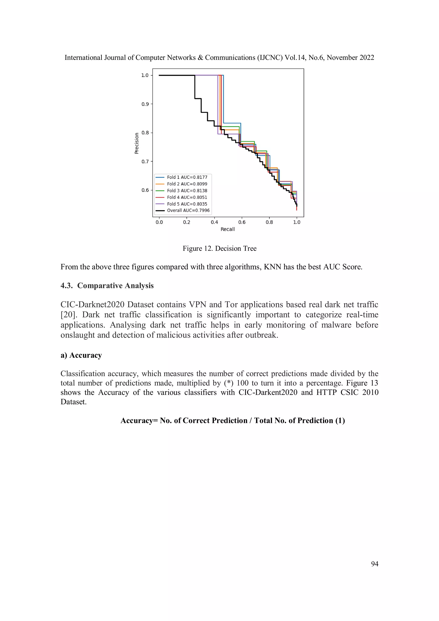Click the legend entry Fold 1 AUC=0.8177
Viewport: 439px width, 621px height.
[187, 177]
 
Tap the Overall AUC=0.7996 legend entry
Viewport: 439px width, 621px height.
[188, 211]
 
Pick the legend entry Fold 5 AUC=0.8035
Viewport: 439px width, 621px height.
[187, 204]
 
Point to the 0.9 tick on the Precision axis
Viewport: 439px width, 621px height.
[145, 104]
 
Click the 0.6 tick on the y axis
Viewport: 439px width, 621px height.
[145, 190]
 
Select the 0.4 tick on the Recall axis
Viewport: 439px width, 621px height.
[214, 222]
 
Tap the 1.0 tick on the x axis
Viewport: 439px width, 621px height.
[297, 222]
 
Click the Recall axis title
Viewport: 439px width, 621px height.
[227, 229]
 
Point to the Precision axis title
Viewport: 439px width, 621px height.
[137, 143]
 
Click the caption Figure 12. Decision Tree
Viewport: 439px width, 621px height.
[219, 249]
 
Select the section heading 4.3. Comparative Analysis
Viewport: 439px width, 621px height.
[107, 286]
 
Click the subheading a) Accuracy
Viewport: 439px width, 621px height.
[81, 355]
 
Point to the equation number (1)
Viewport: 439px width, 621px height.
[340, 421]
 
